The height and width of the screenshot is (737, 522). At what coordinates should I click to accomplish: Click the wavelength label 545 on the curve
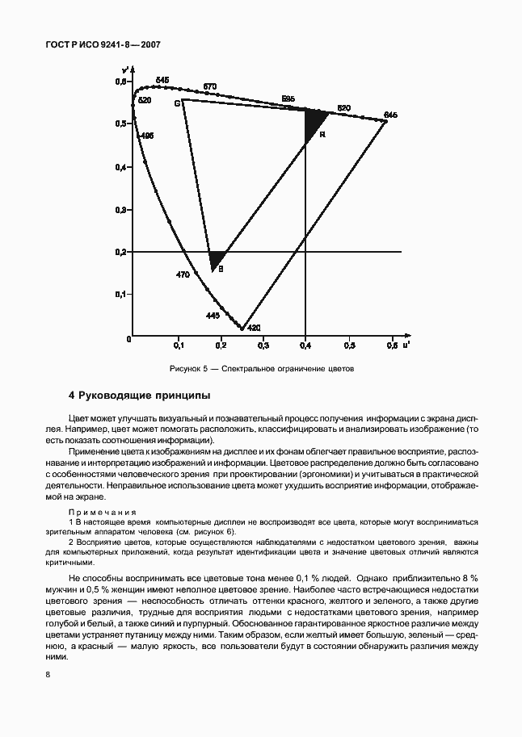(162, 79)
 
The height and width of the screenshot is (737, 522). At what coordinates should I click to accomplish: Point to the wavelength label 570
(210, 86)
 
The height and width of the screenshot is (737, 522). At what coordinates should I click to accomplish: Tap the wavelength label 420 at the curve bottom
(254, 328)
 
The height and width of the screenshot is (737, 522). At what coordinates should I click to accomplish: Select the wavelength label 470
(183, 274)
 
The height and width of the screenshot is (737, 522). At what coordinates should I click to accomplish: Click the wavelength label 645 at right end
(391, 115)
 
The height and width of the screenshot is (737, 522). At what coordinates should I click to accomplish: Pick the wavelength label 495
(147, 136)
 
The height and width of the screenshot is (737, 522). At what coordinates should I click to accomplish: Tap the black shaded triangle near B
(216, 259)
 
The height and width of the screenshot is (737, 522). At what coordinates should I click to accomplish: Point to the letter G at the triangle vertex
(176, 103)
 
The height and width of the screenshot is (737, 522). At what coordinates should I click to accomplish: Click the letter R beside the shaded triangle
(322, 134)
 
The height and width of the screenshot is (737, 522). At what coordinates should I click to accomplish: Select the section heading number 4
(72, 396)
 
